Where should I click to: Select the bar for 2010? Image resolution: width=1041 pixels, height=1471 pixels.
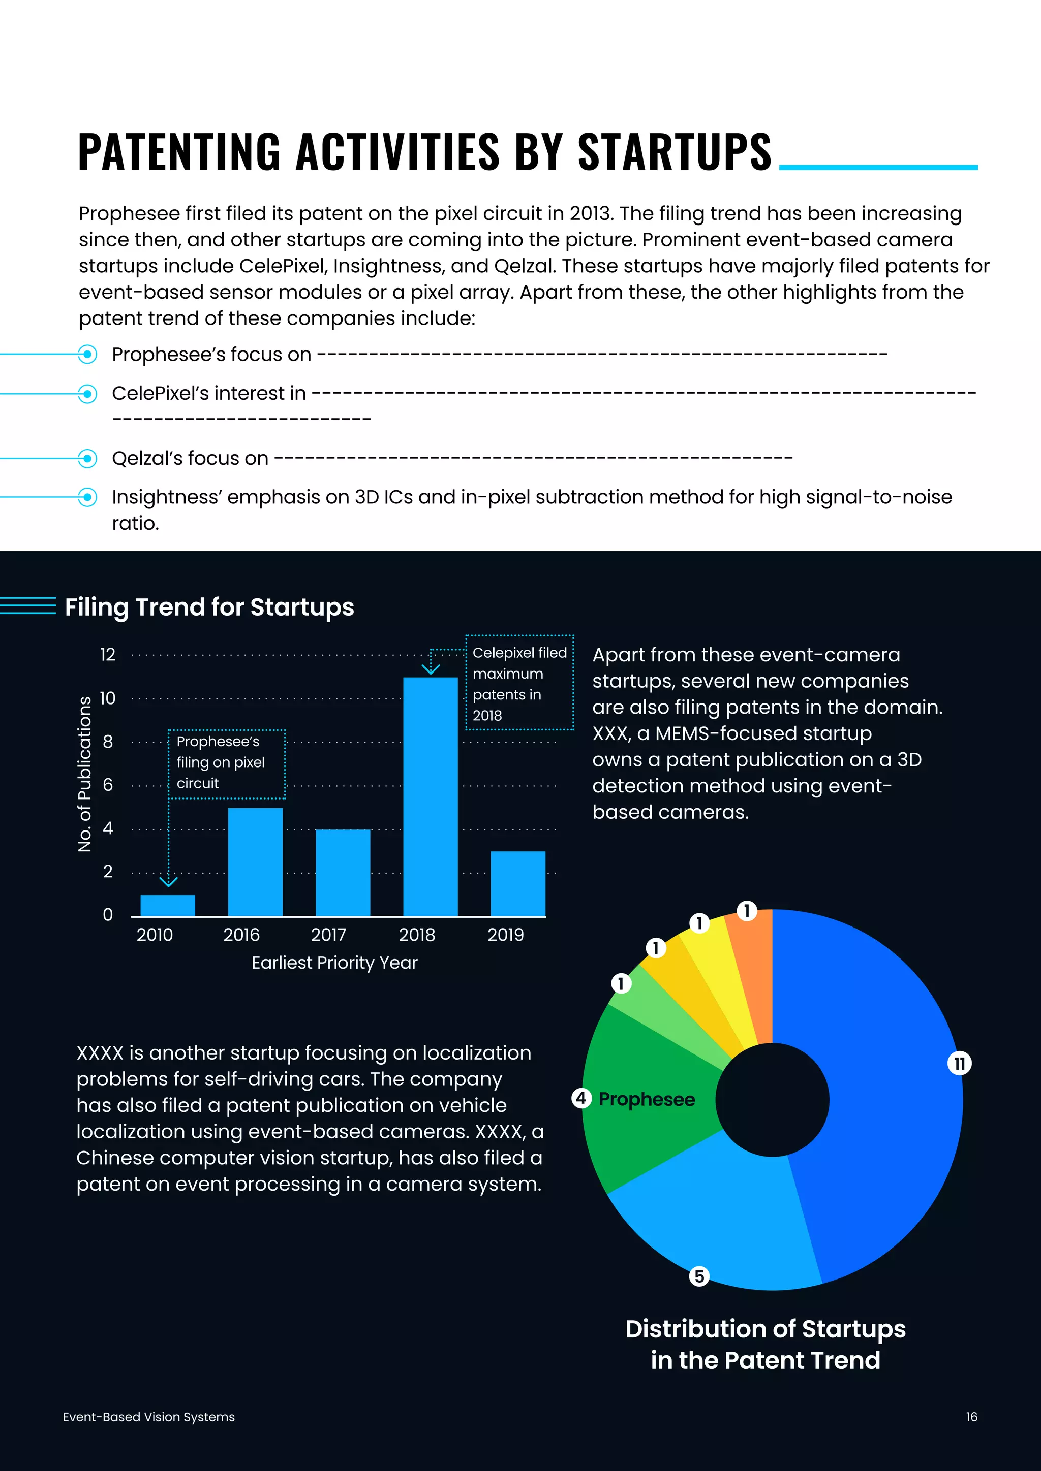(x=167, y=905)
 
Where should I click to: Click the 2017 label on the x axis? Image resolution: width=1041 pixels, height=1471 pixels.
(x=328, y=935)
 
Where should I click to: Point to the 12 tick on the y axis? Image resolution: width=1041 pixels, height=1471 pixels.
(x=108, y=654)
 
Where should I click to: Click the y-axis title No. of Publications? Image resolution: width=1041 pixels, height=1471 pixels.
(x=84, y=774)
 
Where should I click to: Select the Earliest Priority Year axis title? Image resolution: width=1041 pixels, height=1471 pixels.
(x=334, y=963)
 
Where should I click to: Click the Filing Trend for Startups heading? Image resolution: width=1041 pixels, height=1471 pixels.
(x=209, y=606)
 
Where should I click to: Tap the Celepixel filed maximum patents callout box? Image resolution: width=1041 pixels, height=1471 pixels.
(x=519, y=683)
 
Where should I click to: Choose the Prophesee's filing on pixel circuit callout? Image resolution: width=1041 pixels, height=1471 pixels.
(x=226, y=762)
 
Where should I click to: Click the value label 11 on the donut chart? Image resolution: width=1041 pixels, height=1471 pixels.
(x=959, y=1064)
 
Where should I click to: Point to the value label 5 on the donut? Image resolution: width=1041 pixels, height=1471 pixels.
(x=699, y=1276)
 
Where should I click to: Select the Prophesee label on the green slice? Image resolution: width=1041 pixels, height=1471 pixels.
(x=646, y=1099)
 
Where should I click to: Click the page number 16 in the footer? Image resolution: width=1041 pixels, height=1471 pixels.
(x=971, y=1417)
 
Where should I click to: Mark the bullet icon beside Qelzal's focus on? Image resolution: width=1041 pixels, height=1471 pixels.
(x=87, y=458)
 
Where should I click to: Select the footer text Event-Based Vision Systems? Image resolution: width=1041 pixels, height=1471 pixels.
(x=149, y=1417)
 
